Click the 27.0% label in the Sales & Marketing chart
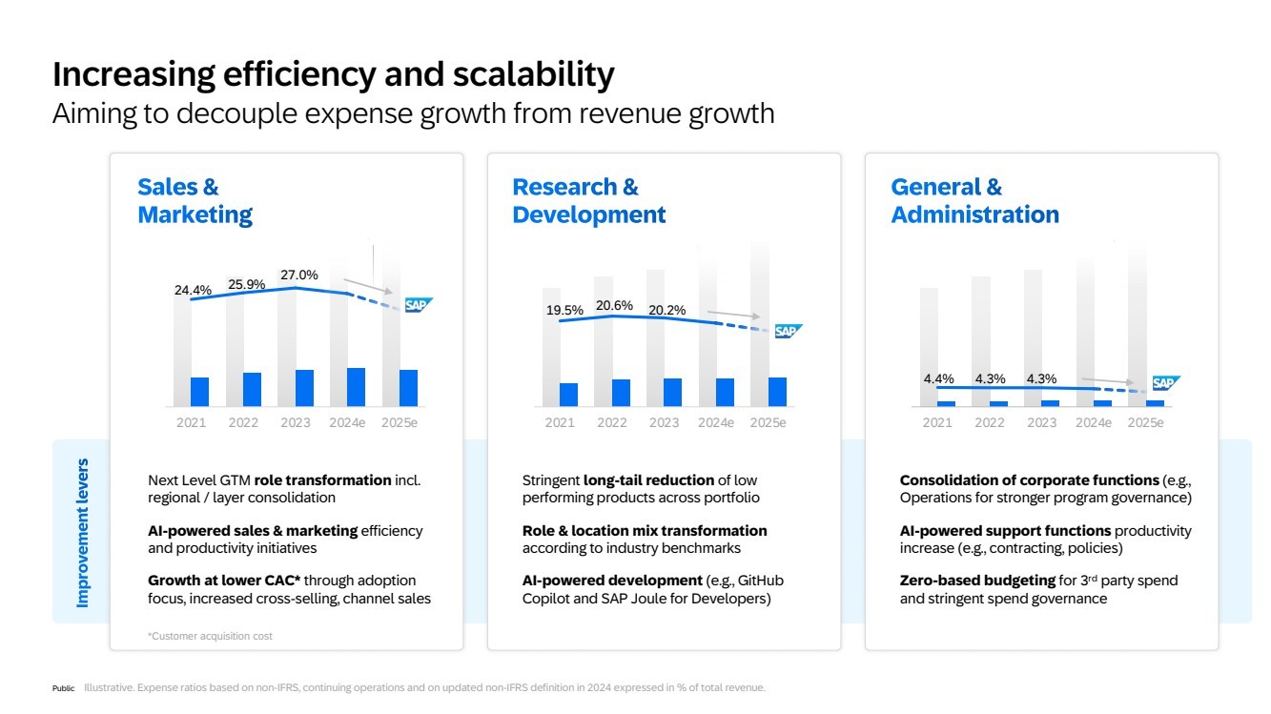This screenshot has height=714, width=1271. [x=298, y=275]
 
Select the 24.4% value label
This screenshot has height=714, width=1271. [x=193, y=290]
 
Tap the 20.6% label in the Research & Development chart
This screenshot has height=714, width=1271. [x=614, y=305]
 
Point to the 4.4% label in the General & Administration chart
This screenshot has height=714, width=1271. [x=938, y=378]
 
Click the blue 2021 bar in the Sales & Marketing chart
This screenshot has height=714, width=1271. [x=199, y=392]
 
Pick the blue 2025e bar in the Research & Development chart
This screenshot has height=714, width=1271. [x=777, y=392]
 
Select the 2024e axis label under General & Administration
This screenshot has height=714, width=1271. [x=1094, y=422]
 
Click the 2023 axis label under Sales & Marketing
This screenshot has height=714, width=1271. [x=295, y=422]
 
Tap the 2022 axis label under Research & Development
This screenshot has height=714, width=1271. [x=612, y=422]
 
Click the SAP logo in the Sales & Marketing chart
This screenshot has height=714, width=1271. [x=418, y=305]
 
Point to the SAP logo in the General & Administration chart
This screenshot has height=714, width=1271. [x=1165, y=383]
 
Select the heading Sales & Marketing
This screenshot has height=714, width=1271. [x=195, y=201]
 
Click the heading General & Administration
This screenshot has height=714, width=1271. [x=974, y=201]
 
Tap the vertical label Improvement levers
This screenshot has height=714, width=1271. [x=83, y=533]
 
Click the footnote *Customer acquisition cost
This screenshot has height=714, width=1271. [x=210, y=636]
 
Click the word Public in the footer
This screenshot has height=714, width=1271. [x=63, y=688]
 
